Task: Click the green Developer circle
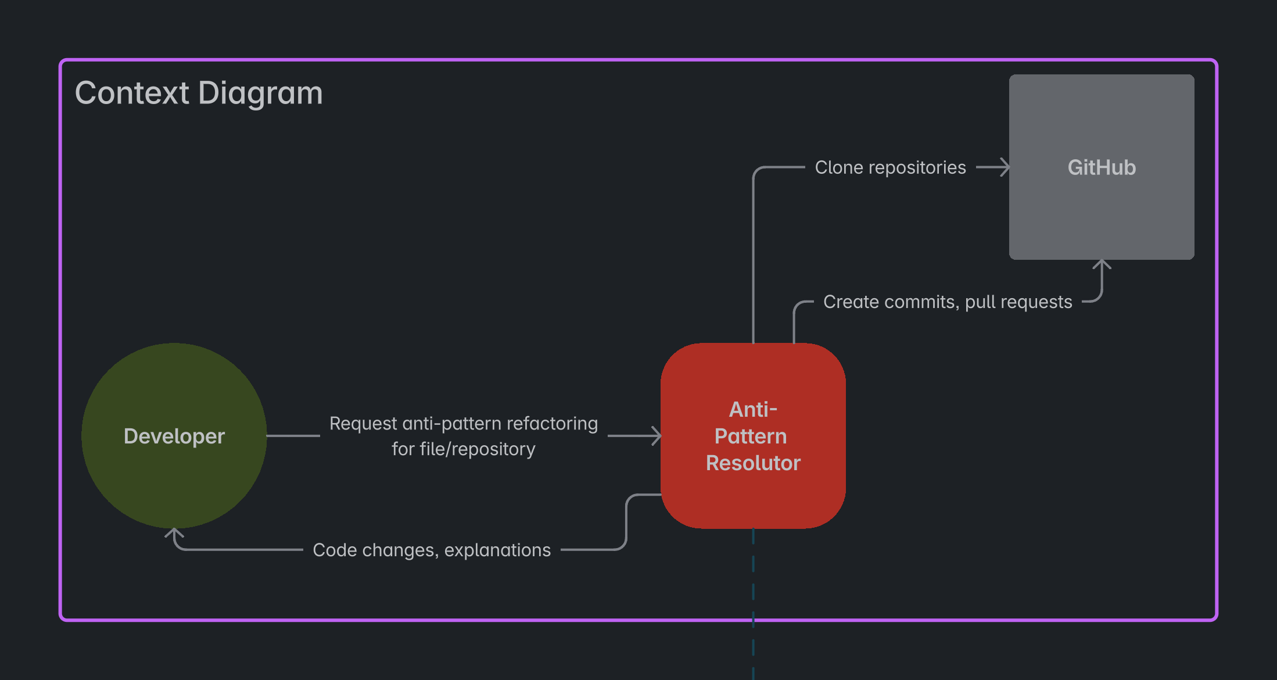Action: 174,436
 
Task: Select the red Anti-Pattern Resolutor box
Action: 753,436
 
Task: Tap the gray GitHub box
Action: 1102,167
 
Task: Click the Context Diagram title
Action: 199,93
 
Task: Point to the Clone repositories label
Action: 890,167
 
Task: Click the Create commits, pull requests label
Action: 948,302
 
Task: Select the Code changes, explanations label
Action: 432,550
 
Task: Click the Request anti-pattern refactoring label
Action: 464,424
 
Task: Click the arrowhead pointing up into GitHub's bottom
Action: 1102,266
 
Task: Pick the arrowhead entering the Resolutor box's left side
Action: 655,436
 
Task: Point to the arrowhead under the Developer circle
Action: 174,534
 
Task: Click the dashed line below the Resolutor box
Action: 754,604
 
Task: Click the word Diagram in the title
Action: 260,93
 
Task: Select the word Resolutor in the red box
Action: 753,463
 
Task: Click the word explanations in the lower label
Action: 497,550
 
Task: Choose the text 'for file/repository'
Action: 464,449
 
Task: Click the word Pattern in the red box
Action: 751,436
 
